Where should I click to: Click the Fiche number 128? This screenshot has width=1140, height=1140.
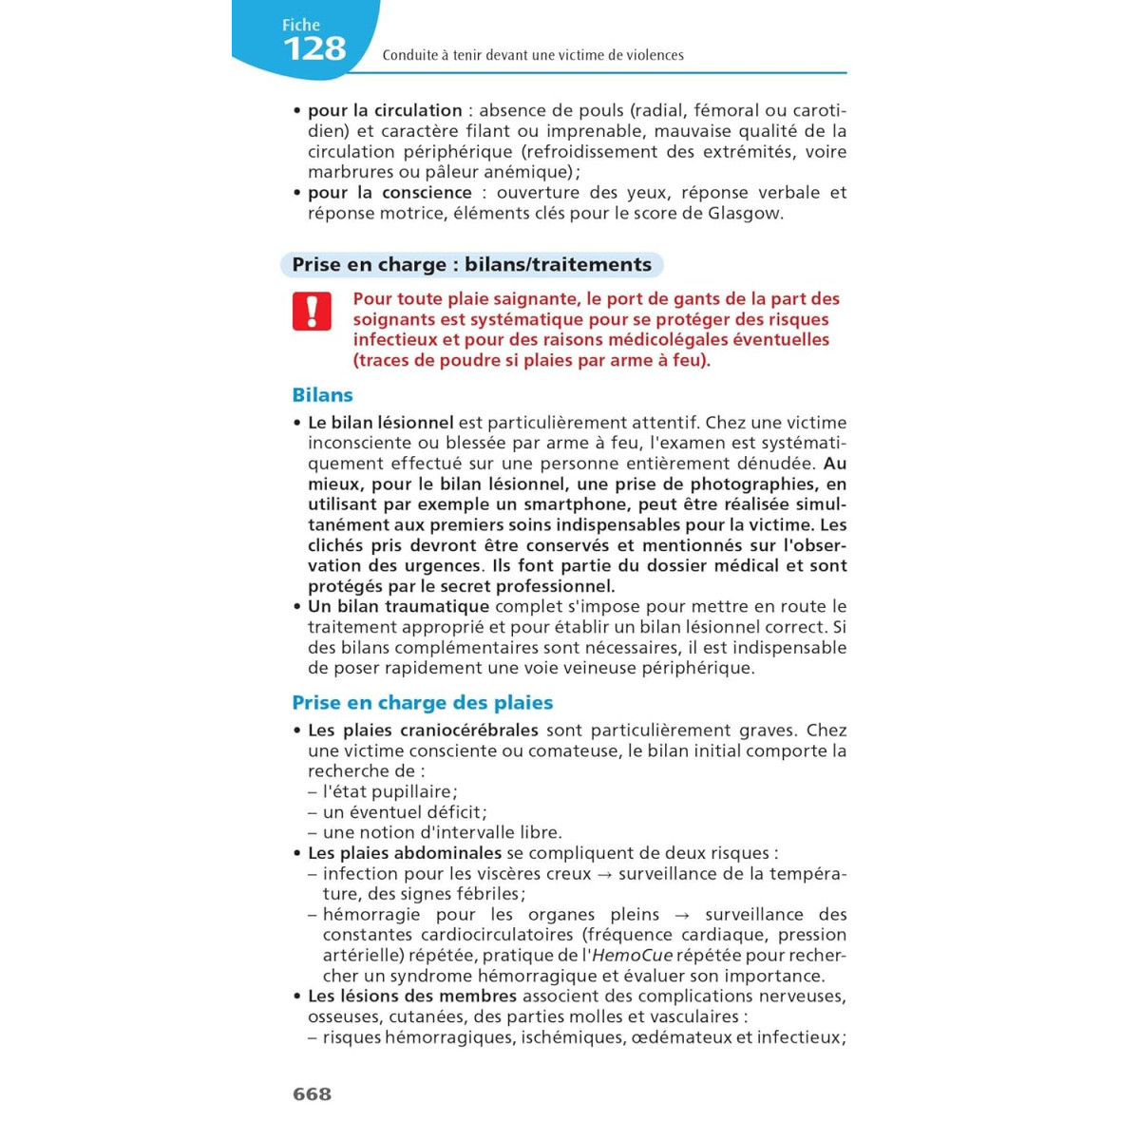click(x=314, y=48)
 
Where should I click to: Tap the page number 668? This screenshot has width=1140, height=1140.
click(x=312, y=1093)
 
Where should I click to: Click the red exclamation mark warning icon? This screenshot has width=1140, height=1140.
click(x=312, y=311)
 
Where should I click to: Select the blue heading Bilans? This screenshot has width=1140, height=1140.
click(x=322, y=395)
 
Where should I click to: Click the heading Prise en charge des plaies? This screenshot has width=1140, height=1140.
click(x=422, y=703)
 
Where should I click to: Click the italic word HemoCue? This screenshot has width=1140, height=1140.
click(x=632, y=956)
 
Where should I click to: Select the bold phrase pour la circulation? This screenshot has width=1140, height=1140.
click(x=385, y=110)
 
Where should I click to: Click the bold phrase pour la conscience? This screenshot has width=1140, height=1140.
click(x=389, y=192)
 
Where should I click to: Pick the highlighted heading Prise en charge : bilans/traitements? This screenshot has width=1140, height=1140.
click(x=471, y=265)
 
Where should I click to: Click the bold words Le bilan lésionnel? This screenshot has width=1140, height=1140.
click(x=380, y=423)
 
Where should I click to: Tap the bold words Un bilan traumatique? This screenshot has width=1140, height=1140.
click(x=398, y=606)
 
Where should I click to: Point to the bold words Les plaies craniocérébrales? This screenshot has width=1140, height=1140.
click(x=423, y=731)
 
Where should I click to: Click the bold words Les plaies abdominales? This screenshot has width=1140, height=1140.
click(x=404, y=853)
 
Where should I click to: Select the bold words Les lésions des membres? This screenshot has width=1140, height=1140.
click(x=411, y=997)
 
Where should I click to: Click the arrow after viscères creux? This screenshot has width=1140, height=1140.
click(x=604, y=874)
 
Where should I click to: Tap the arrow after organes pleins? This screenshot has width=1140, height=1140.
click(x=681, y=915)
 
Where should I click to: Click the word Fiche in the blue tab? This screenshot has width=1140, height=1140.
click(x=301, y=26)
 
